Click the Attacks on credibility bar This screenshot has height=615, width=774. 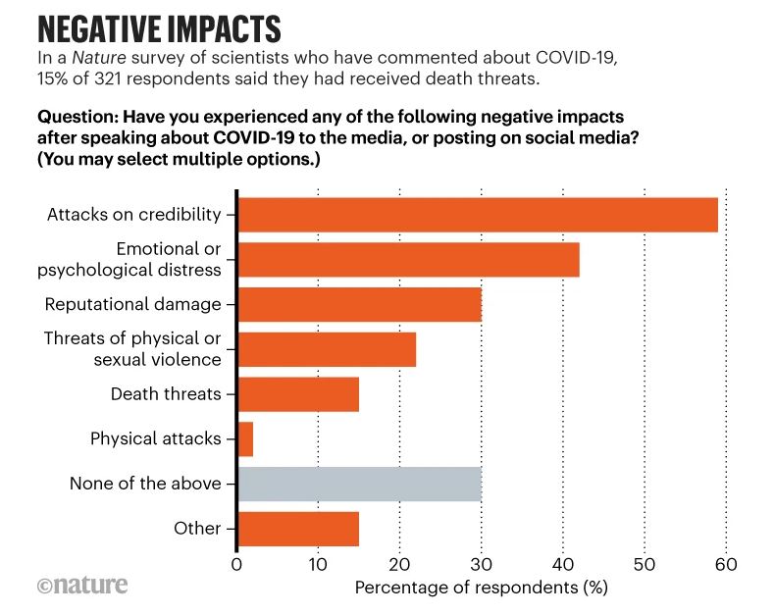pos(478,215)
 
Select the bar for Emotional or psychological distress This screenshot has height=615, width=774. pos(408,259)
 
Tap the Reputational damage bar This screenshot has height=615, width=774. pos(359,304)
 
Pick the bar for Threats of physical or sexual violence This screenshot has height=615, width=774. pos(327,349)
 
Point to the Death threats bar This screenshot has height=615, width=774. pos(298,394)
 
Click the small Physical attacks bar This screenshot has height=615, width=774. pos(245,438)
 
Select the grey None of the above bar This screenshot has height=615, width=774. pos(359,484)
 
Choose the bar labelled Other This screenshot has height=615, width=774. pos(298,528)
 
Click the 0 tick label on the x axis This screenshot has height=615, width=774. pos(236,565)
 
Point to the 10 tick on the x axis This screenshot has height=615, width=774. pos(318,565)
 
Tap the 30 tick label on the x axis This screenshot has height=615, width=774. pos(481,565)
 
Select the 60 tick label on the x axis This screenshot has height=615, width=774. pos(725,565)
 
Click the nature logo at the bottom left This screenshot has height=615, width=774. pos(82,586)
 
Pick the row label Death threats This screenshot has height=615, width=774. pos(165,394)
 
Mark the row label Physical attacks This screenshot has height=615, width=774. pos(155,438)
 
